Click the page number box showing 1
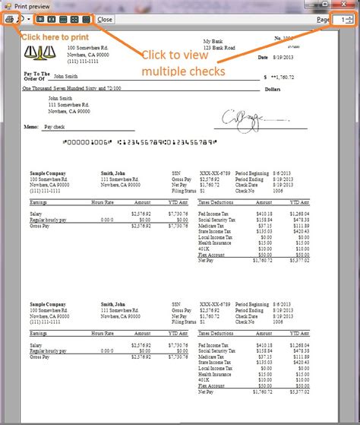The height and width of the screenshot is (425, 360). (x=341, y=18)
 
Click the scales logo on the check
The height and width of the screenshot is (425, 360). (x=36, y=52)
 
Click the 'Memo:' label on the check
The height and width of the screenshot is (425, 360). (x=32, y=127)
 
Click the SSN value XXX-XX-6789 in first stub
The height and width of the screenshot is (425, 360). (x=214, y=173)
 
